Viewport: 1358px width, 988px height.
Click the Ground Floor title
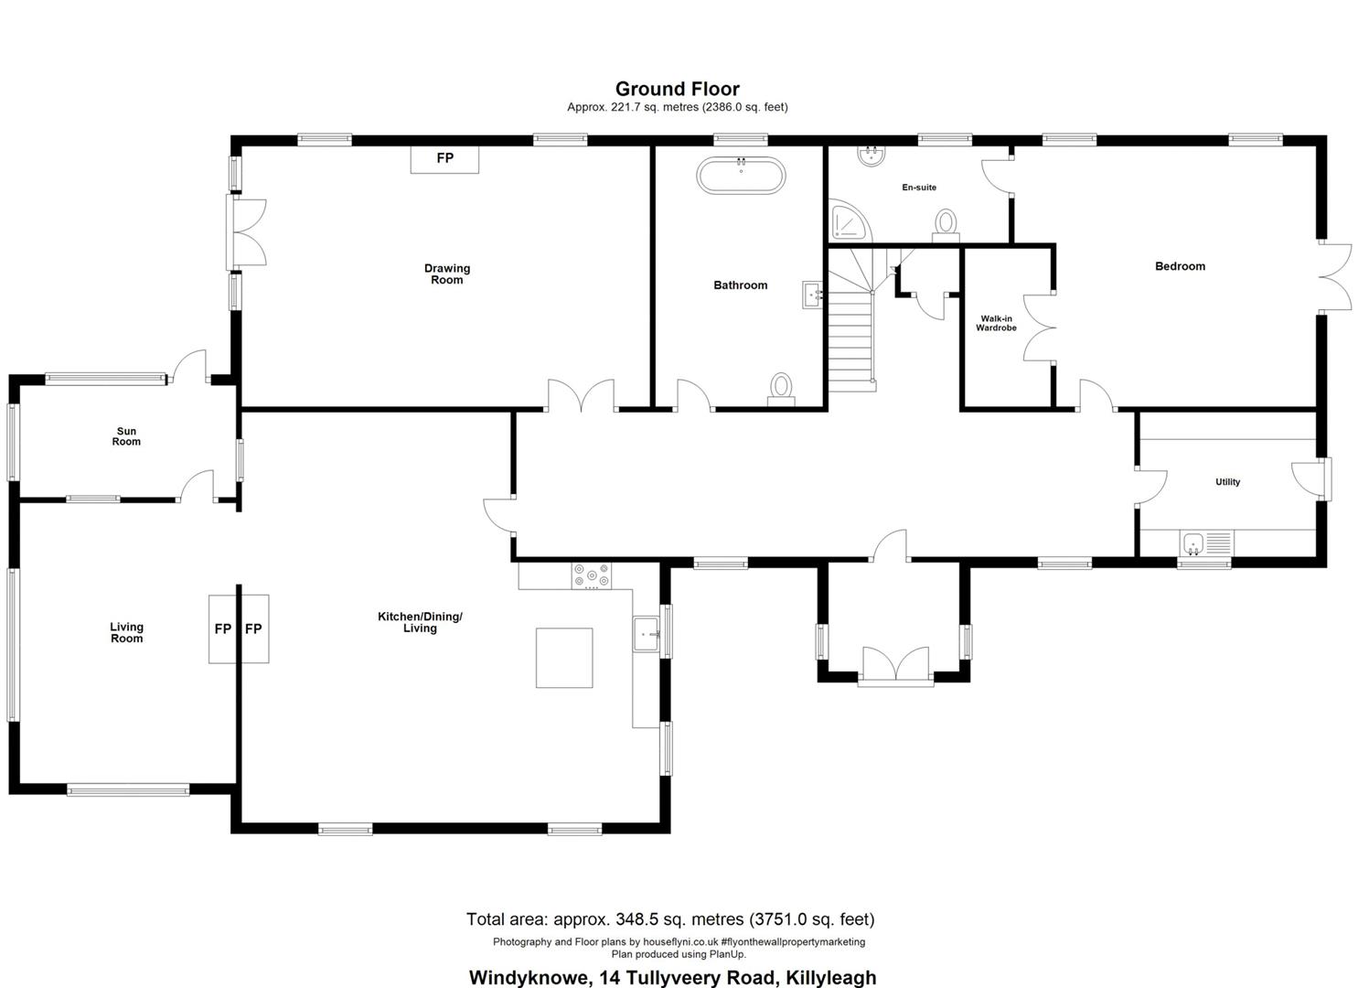[678, 89]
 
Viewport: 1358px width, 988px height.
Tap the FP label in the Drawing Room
[445, 158]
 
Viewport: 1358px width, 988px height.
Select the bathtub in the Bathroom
[741, 176]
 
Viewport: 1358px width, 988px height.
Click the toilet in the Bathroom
[781, 390]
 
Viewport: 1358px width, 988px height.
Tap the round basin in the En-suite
[871, 156]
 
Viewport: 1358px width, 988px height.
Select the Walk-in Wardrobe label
[996, 323]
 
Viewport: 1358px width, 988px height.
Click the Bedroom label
[1180, 266]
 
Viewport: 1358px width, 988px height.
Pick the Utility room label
[1227, 482]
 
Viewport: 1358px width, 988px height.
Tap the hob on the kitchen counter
[592, 575]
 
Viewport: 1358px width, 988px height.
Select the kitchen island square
[564, 658]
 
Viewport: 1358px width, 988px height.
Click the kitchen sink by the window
[647, 634]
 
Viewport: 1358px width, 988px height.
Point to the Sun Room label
[126, 436]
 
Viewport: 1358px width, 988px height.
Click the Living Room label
[127, 632]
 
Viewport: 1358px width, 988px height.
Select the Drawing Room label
[447, 274]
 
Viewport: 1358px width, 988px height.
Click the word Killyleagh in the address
[830, 978]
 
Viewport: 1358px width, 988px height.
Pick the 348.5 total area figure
[637, 919]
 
